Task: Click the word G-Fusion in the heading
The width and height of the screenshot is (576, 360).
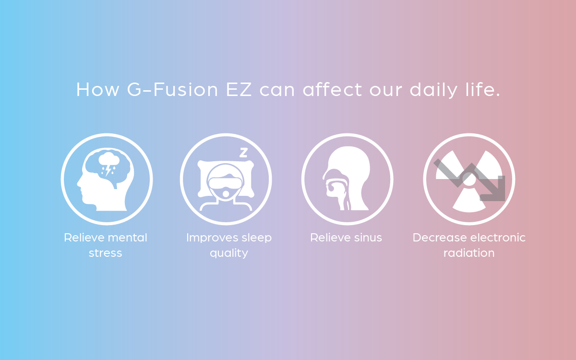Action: tap(172, 89)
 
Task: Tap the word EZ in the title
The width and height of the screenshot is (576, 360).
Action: tap(239, 89)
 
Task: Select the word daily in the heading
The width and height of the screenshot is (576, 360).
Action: tap(433, 90)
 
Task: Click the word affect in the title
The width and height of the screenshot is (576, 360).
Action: tap(333, 89)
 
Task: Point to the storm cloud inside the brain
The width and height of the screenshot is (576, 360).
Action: tap(109, 158)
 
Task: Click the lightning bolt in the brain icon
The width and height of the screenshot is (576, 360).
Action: tap(108, 170)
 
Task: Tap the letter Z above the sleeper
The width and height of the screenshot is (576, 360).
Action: tap(243, 153)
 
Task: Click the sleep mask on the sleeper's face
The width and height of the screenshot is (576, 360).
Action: tap(225, 182)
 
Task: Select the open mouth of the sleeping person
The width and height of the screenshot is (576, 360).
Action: tap(226, 194)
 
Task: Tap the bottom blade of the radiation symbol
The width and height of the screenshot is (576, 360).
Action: tap(469, 202)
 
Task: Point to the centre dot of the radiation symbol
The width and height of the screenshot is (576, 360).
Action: tap(469, 179)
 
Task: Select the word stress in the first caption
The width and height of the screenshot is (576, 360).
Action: tap(106, 253)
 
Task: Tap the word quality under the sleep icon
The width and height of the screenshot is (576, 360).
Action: tap(229, 253)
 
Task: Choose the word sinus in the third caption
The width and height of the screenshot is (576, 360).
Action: tap(368, 238)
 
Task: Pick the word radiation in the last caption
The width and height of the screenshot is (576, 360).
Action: tap(469, 253)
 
